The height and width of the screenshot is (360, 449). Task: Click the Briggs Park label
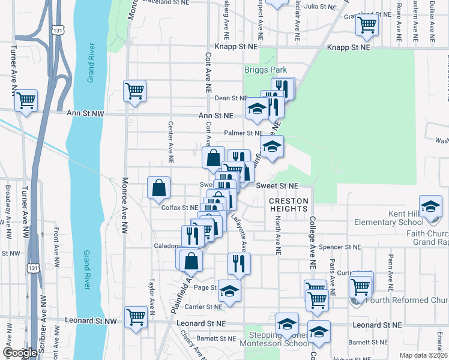(x=265, y=70)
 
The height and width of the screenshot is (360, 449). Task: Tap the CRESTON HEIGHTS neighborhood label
(x=288, y=205)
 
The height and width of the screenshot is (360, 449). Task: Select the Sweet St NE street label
(x=277, y=186)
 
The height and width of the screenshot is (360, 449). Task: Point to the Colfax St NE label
(x=179, y=208)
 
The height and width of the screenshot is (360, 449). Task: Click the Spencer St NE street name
(x=340, y=247)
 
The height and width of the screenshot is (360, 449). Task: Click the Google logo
(x=20, y=353)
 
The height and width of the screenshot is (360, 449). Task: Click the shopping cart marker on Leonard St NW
(x=136, y=316)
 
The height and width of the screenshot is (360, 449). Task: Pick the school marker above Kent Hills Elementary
(x=430, y=206)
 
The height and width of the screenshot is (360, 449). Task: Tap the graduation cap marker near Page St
(x=229, y=290)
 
